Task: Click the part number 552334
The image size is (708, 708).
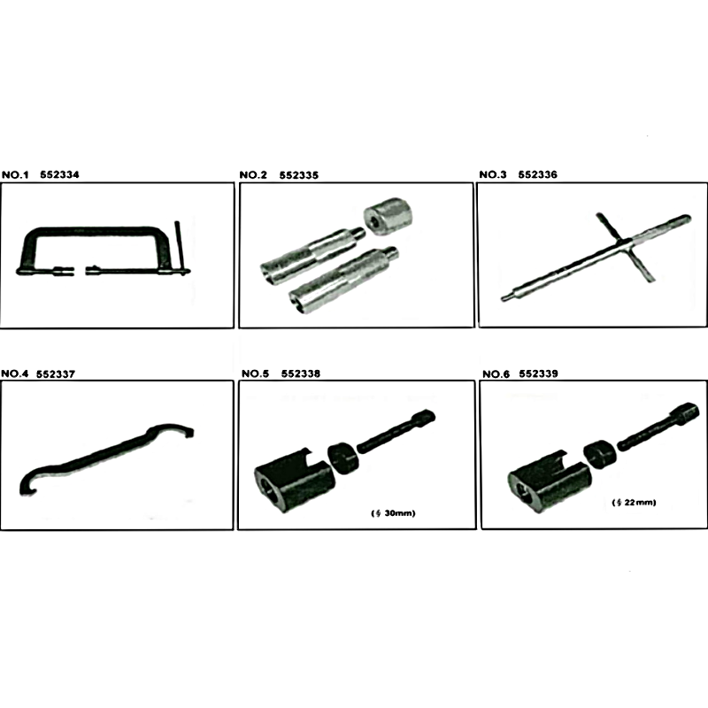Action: [59, 174]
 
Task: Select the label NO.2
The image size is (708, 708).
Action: [253, 175]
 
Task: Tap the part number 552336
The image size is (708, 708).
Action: [538, 174]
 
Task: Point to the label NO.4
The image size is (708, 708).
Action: [15, 373]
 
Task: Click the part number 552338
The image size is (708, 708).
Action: [301, 373]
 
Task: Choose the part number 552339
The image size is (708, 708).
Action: [538, 373]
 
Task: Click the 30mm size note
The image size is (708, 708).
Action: [393, 513]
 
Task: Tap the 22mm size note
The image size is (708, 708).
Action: [634, 503]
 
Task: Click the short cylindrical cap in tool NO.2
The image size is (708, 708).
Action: [389, 215]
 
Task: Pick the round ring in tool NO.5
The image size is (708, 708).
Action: [343, 458]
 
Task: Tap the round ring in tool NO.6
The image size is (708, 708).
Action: [600, 455]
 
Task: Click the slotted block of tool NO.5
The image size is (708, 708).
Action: [295, 481]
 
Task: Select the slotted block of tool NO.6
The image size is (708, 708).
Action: [550, 481]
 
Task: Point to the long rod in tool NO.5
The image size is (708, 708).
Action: [396, 431]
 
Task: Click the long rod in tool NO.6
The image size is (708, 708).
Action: [658, 427]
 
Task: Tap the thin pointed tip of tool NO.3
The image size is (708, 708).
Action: [502, 298]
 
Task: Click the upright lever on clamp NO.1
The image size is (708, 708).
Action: [180, 248]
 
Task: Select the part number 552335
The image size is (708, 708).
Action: [299, 175]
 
